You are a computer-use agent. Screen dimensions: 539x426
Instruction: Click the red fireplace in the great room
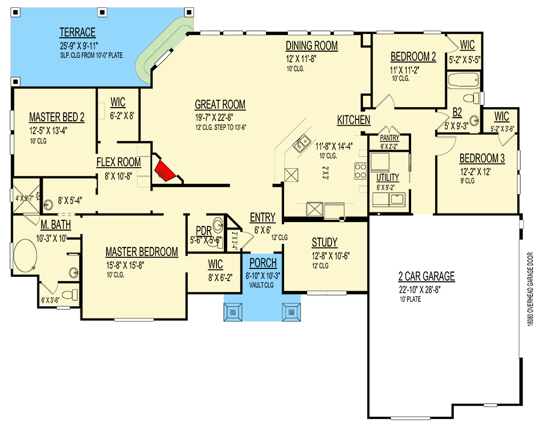click(165, 171)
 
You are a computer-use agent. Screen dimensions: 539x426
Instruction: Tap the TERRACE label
click(77, 32)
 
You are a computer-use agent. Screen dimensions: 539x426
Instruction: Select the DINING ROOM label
click(312, 46)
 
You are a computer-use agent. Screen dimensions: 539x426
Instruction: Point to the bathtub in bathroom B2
click(463, 80)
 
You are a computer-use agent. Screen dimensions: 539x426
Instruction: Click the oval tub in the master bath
click(25, 255)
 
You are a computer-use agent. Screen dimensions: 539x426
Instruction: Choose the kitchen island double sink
click(301, 144)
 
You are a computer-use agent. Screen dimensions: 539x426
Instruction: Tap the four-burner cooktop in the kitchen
click(360, 171)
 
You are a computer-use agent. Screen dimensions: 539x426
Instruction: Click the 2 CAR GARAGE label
click(427, 276)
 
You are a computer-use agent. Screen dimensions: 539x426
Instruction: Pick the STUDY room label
click(325, 243)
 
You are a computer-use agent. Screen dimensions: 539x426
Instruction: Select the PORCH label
click(263, 263)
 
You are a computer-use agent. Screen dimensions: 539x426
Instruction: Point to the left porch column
click(233, 312)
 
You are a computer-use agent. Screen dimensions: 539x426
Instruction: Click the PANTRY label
click(390, 138)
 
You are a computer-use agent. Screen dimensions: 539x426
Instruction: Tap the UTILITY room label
click(388, 177)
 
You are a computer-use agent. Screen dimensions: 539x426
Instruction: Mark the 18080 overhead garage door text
click(530, 289)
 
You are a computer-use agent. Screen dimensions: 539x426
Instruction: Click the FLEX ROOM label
click(118, 162)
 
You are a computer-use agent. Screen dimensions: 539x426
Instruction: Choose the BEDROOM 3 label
click(482, 158)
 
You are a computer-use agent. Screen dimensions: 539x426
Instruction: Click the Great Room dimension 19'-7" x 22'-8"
click(214, 117)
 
